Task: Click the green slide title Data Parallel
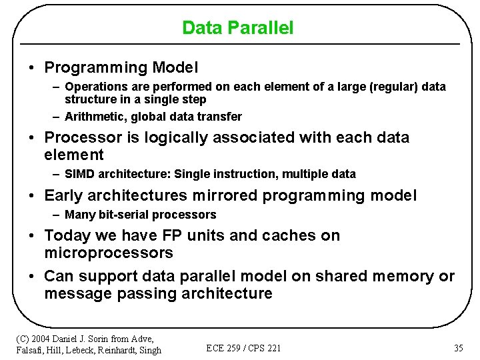pyautogui.click(x=237, y=28)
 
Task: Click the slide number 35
pyautogui.click(x=458, y=348)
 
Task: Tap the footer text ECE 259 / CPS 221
pyautogui.click(x=243, y=348)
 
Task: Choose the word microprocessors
pyautogui.click(x=109, y=253)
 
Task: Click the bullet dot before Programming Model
pyautogui.click(x=32, y=68)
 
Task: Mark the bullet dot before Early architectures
pyautogui.click(x=32, y=196)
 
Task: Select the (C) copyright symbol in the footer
pyautogui.click(x=23, y=339)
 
